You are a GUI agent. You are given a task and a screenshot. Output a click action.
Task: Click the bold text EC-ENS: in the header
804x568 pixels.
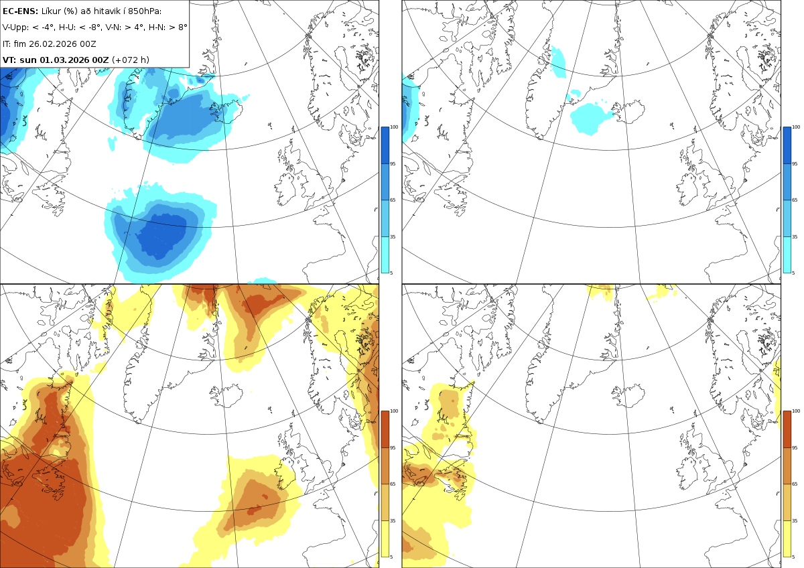(20, 11)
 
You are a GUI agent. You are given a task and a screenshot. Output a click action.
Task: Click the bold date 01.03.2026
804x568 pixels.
(64, 60)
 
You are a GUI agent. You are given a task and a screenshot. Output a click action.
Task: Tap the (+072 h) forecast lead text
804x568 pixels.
(131, 60)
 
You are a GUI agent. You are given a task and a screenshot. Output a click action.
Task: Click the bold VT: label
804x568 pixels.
(9, 60)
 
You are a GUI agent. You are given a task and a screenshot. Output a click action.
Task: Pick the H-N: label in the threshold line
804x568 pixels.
(157, 27)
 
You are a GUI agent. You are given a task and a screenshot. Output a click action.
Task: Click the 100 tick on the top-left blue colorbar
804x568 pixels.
(394, 127)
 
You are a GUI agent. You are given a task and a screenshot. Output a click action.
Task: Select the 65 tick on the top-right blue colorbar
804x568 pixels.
(795, 200)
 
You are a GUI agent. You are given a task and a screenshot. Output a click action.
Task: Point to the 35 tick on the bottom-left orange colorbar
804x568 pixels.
(393, 520)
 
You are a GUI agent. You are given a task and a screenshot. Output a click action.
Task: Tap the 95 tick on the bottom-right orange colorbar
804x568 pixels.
(795, 448)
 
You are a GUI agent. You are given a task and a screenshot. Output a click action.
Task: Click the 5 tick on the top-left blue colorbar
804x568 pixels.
(391, 273)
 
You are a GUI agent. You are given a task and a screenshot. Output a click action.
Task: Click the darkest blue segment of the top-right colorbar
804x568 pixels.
(787, 145)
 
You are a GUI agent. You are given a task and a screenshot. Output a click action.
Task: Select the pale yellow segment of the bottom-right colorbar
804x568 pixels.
(787, 539)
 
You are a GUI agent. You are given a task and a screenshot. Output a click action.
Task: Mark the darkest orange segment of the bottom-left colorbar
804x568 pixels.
(385, 429)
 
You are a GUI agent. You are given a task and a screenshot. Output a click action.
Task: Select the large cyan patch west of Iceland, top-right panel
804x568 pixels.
(590, 119)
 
